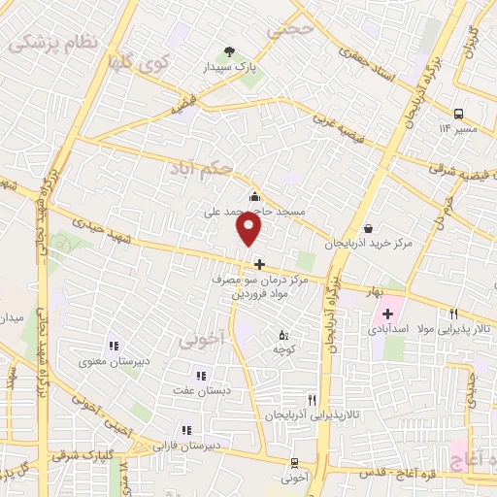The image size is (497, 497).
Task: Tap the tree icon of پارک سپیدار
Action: (229, 51)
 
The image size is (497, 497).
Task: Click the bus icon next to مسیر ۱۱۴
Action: (458, 111)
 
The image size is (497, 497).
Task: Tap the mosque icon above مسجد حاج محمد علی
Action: (254, 196)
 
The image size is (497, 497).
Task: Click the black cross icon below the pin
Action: (259, 264)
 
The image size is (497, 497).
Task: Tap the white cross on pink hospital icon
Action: (387, 314)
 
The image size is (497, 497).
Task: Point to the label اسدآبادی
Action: (387, 330)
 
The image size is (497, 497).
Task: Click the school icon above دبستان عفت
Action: (201, 376)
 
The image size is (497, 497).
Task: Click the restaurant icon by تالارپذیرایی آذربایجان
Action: (312, 399)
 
